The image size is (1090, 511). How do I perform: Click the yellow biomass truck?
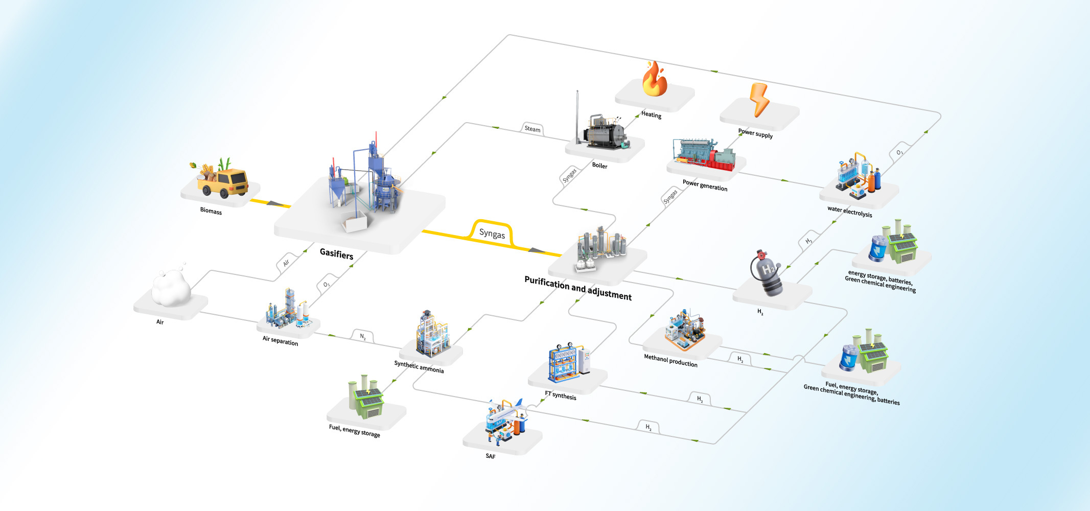224,181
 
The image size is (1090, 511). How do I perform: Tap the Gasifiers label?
336,254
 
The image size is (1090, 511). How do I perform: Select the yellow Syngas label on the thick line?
492,234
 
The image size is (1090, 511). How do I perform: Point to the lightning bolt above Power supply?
759,99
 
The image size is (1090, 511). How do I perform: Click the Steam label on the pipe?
532,129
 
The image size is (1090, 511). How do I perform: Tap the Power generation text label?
705,185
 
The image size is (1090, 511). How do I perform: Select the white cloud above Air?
172,288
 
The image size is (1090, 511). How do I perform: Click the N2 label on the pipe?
363,337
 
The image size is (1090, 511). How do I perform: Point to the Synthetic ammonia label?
419,366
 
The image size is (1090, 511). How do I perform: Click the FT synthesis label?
560,396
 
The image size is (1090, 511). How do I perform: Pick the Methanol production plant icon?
685,331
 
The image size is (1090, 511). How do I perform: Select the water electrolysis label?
849,212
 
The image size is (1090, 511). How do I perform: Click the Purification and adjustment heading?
577,288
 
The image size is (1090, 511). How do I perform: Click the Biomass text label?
211,211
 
